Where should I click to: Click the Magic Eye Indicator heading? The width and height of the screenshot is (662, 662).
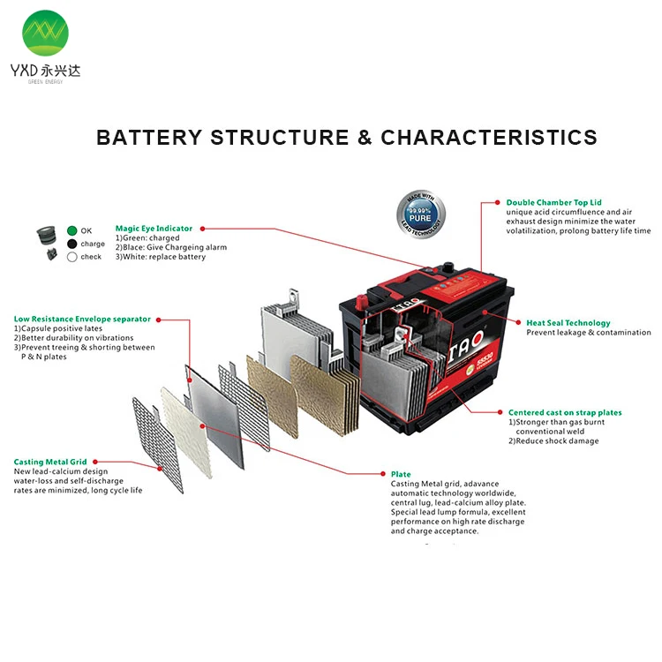click(154, 229)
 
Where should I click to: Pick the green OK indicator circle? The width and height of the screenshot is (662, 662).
click(72, 231)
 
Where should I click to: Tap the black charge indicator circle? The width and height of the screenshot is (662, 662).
click(72, 244)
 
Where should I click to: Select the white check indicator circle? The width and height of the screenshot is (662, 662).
click(72, 257)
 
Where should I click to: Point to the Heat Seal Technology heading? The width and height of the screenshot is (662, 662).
click(568, 323)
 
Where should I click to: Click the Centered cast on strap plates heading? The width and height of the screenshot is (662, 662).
click(565, 412)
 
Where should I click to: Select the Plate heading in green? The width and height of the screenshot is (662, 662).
click(401, 474)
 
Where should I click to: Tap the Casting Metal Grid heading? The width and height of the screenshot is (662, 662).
click(49, 462)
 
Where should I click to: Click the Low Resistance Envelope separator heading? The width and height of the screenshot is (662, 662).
click(82, 319)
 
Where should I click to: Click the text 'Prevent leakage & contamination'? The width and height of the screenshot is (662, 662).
click(588, 333)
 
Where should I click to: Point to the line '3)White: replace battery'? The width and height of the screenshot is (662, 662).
click(161, 257)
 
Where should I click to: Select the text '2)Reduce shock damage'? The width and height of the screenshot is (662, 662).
click(553, 441)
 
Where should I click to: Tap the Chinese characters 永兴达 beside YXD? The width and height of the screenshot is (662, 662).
click(64, 71)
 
